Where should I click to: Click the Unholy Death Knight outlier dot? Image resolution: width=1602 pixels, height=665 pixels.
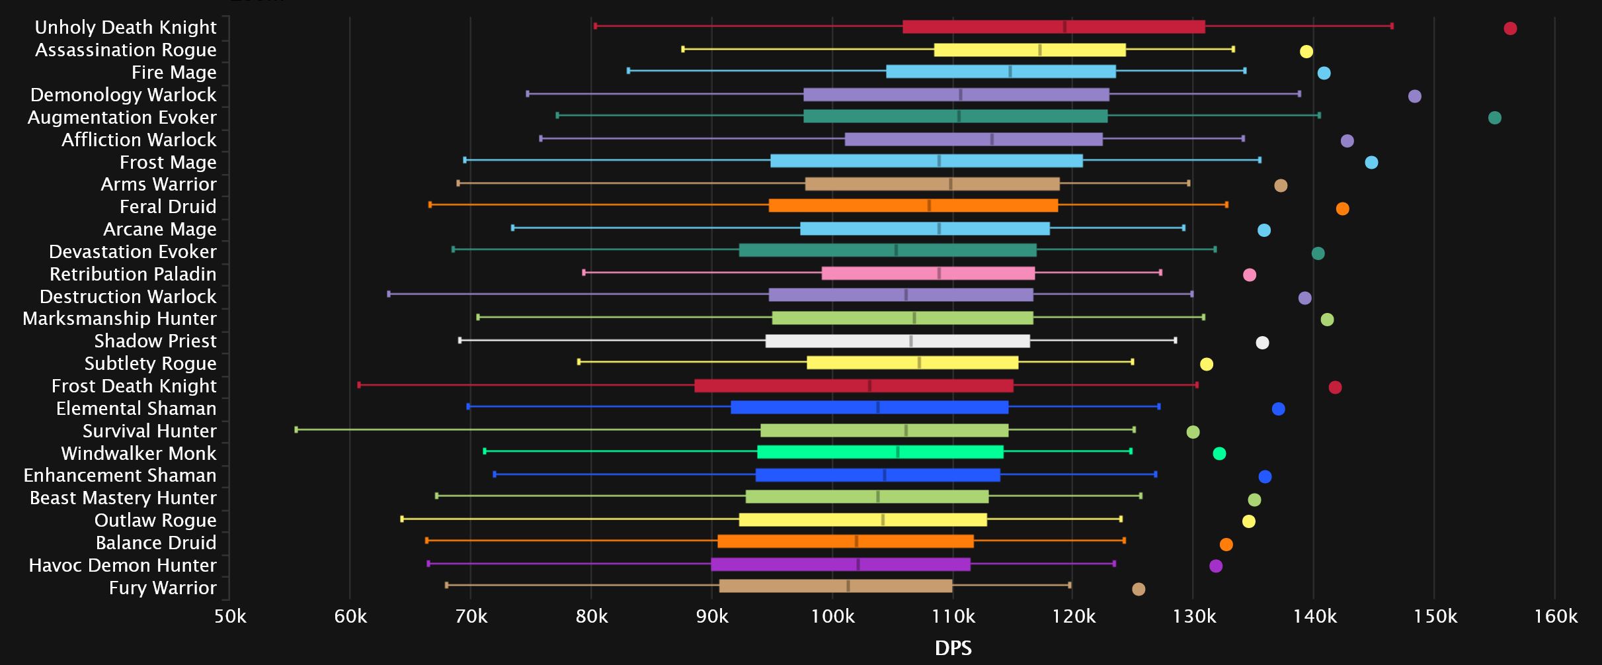(1510, 28)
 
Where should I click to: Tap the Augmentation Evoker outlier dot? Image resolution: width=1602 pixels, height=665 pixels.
(1494, 118)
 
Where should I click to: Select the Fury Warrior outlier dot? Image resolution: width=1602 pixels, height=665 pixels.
(1139, 589)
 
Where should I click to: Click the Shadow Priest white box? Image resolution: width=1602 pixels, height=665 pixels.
(897, 341)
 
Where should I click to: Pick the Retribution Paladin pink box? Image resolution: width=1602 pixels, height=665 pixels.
(928, 273)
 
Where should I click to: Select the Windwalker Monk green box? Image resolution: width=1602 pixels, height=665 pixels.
(880, 452)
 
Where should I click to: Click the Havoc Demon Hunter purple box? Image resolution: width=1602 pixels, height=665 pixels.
(840, 564)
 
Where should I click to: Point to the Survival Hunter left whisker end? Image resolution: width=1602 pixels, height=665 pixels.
(296, 429)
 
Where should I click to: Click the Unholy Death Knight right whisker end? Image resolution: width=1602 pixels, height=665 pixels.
(1392, 26)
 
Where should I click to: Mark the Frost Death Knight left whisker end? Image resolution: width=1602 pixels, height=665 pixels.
(359, 385)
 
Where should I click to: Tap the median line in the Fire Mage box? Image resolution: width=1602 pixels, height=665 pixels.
(1010, 71)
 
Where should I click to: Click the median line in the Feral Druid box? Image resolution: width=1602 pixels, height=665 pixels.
(929, 205)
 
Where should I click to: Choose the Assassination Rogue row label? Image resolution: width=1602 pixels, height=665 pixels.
(126, 50)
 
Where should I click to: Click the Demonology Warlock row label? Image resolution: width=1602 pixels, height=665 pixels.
(123, 95)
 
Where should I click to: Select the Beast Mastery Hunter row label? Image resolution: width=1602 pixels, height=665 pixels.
(123, 498)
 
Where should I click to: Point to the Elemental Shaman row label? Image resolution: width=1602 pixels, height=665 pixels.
(136, 408)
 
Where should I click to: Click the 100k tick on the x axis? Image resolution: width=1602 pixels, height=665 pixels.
(832, 617)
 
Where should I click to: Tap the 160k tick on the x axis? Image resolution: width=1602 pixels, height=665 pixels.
(1555, 617)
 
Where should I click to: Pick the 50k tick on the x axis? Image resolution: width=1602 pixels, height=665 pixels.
(229, 617)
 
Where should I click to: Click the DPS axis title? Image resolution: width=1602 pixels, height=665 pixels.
(953, 648)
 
